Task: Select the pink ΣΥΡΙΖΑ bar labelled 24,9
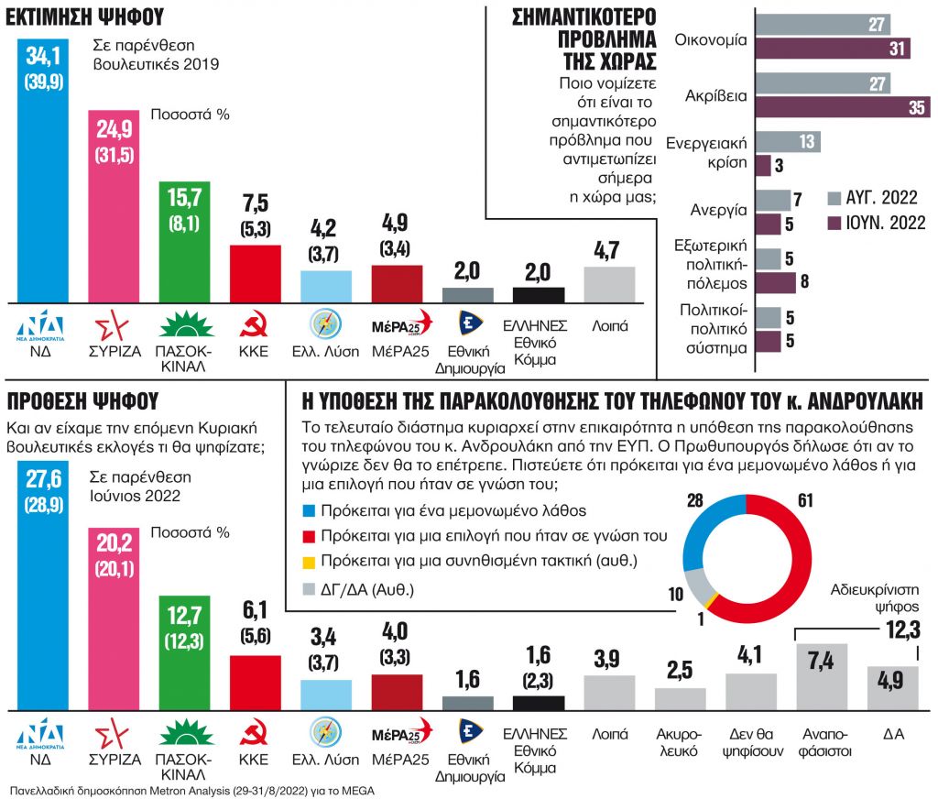pyautogui.click(x=119, y=206)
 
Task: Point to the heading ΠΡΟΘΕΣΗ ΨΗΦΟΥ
pyautogui.click(x=82, y=401)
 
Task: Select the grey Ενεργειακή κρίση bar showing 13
pyautogui.click(x=788, y=141)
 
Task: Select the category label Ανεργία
pyautogui.click(x=722, y=209)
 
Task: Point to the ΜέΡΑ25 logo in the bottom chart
pyautogui.click(x=397, y=734)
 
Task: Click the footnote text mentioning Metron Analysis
pyautogui.click(x=192, y=790)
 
